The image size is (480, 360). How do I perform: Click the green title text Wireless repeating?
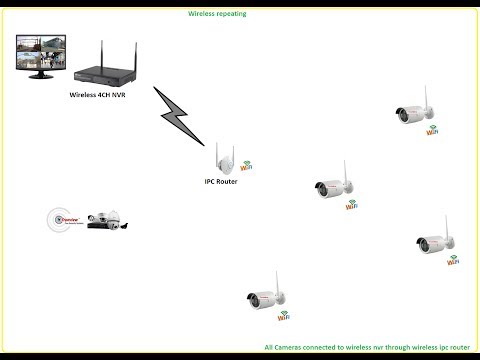click(217, 16)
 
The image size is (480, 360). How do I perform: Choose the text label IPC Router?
click(221, 181)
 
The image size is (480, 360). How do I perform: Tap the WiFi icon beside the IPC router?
click(244, 165)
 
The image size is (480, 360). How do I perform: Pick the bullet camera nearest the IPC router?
click(332, 186)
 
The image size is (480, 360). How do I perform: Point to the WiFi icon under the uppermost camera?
click(432, 129)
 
